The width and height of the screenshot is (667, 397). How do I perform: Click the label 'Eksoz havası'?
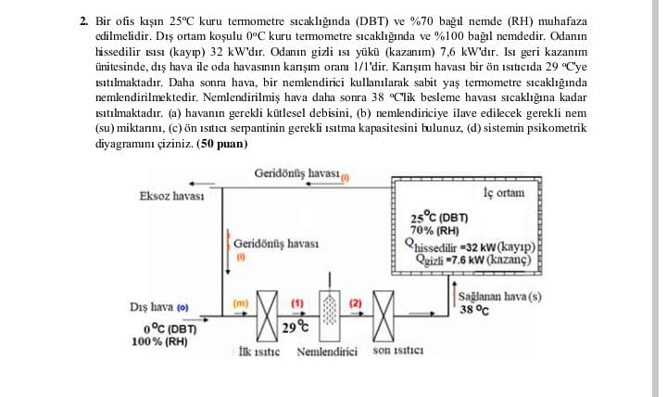pos(171,196)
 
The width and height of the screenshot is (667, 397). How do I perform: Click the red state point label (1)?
pos(297,302)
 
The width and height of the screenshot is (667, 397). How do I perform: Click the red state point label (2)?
pos(356,302)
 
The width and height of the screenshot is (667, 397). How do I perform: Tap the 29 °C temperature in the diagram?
pos(296,327)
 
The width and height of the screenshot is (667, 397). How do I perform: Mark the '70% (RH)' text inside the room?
pos(434,230)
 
